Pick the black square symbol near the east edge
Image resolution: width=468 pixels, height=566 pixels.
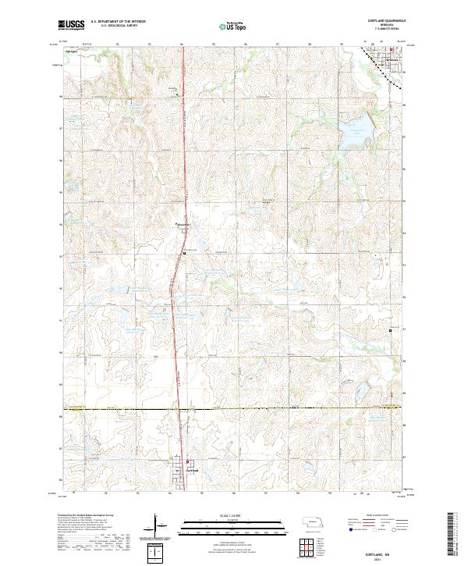(x=391, y=332)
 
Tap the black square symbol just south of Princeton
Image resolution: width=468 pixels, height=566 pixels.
(x=184, y=253)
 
